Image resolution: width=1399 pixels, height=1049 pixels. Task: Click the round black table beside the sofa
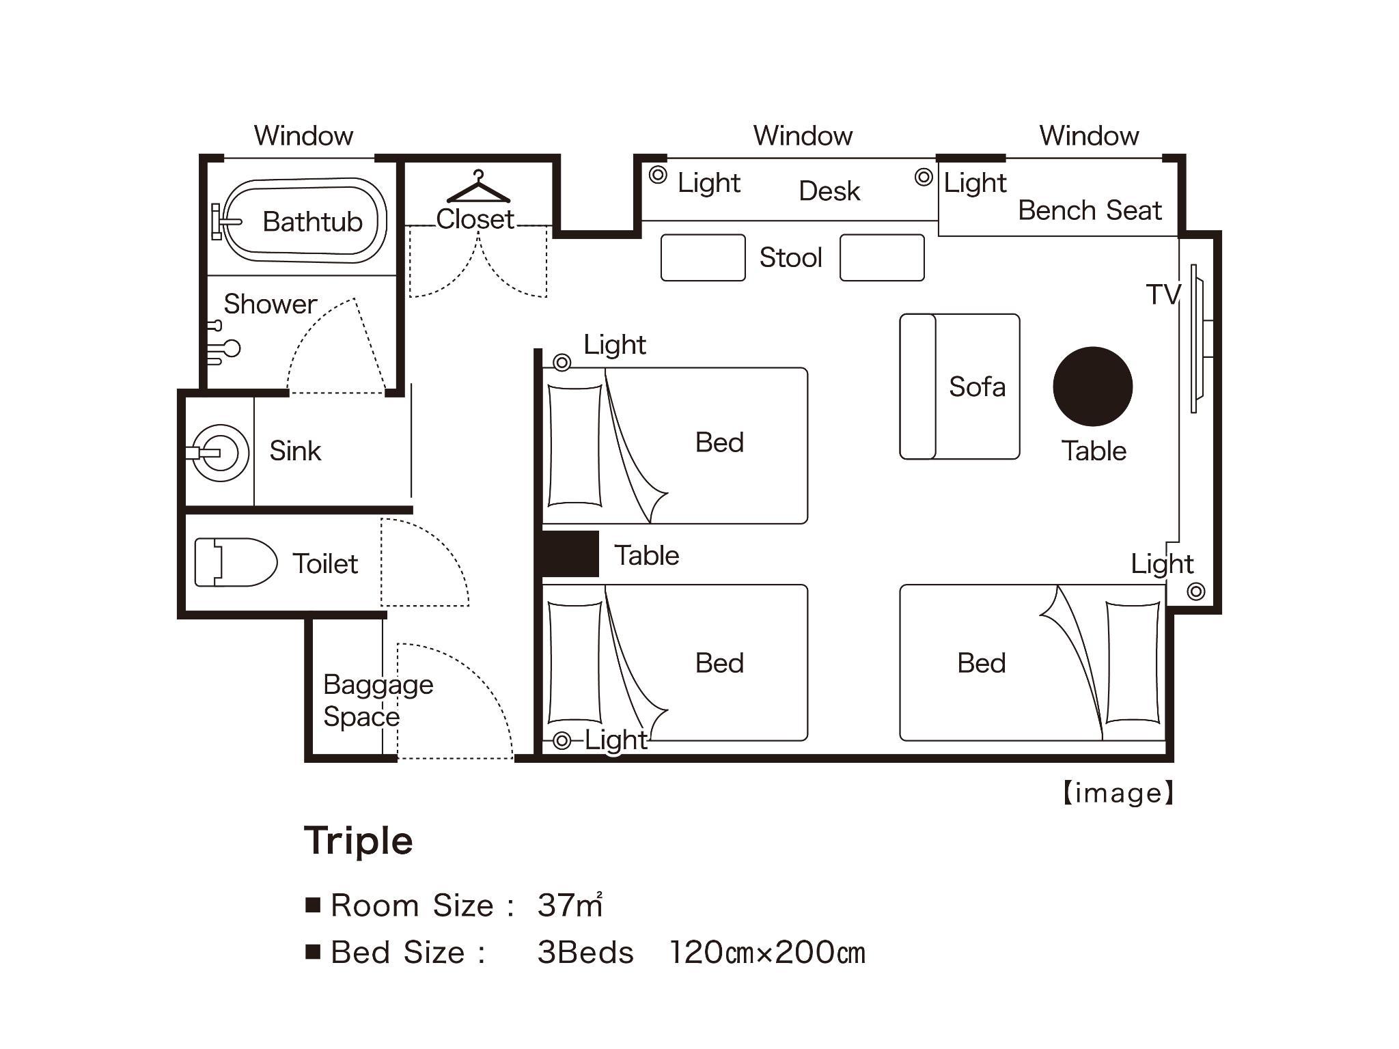point(1092,387)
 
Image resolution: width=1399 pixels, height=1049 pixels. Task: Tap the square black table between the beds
point(570,554)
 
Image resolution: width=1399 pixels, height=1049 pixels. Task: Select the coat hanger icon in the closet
point(478,187)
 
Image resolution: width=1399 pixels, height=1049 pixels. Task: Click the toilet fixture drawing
point(236,562)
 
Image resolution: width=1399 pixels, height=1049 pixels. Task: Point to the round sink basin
point(220,453)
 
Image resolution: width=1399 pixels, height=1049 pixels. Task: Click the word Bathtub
point(312,221)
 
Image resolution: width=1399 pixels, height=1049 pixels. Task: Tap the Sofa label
point(977,387)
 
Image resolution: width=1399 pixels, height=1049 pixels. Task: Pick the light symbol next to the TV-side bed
point(1195,591)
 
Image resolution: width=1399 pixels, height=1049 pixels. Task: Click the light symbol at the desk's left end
point(658,175)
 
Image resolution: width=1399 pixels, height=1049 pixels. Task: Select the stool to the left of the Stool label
point(703,257)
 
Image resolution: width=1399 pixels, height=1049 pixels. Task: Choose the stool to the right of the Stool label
point(882,257)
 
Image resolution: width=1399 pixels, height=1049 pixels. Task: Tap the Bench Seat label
point(1090,210)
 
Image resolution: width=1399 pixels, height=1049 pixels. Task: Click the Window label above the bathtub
point(303,135)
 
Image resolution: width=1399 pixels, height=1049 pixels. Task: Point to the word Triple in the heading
point(359,841)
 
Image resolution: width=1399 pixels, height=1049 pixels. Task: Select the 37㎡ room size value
point(570,905)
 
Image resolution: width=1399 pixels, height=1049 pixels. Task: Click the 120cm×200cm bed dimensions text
point(767,953)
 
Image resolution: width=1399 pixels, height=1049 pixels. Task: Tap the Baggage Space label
point(378,700)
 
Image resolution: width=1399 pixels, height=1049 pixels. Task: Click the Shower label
point(271,304)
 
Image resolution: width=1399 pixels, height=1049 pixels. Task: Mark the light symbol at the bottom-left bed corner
point(562,740)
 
